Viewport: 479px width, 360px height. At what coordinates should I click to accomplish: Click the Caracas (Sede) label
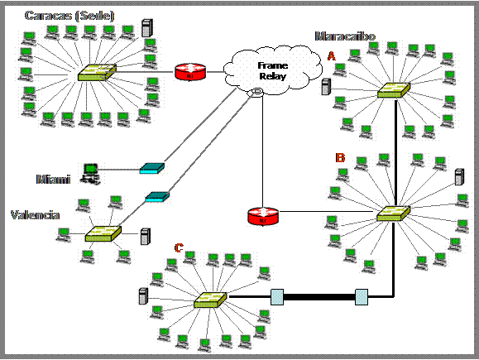(x=69, y=16)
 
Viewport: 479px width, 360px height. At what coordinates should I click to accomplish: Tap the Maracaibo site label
(x=345, y=36)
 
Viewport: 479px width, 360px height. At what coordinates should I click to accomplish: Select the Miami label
(x=53, y=179)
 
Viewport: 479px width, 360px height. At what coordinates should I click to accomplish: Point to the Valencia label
(x=35, y=215)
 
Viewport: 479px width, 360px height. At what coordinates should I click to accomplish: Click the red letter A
(x=332, y=56)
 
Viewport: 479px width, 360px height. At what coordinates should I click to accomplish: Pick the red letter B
(x=340, y=158)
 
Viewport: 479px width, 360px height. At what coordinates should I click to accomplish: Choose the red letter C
(x=179, y=247)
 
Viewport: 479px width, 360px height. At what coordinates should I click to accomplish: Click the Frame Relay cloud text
(x=272, y=71)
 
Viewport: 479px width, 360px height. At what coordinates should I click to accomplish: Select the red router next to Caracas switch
(x=190, y=72)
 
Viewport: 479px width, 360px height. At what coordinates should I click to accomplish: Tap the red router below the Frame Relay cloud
(x=263, y=216)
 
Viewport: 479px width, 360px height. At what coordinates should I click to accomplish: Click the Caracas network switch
(x=97, y=73)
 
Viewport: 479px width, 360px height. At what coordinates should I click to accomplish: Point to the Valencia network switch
(x=103, y=233)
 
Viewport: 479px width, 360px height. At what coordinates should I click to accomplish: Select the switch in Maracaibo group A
(x=394, y=90)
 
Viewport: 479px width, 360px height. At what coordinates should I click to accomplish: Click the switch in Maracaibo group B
(x=393, y=214)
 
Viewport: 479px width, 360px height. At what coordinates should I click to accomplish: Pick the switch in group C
(x=210, y=300)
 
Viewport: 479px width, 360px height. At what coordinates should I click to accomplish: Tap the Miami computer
(x=90, y=174)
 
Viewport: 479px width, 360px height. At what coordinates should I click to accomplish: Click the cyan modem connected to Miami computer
(x=152, y=168)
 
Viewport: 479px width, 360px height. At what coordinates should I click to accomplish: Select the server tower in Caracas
(x=147, y=28)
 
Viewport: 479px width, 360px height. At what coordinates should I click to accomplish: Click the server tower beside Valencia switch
(x=146, y=236)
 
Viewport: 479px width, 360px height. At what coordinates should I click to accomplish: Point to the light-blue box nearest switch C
(x=277, y=297)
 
